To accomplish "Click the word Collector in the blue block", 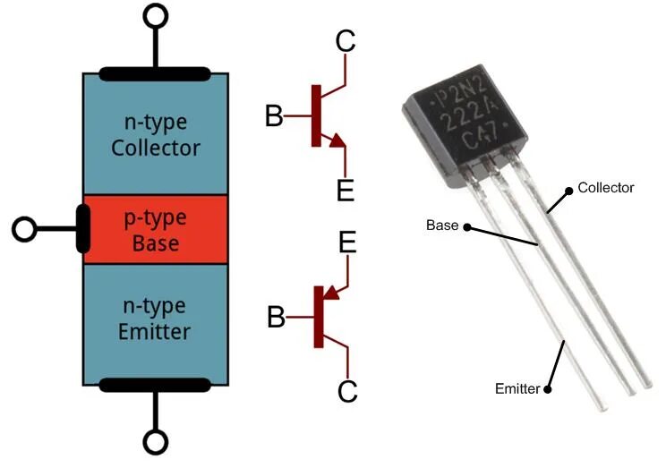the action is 156,148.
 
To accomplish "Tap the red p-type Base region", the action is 156,230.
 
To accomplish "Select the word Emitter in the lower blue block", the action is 154,332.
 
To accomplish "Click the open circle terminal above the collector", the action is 156,16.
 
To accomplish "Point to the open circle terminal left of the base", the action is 24,229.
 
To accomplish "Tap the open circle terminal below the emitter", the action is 156,442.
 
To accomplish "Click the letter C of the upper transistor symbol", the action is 346,41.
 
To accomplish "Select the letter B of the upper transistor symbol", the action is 274,115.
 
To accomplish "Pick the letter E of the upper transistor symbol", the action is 346,190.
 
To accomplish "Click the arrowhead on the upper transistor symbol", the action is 337,140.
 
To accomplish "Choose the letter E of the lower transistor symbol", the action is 347,243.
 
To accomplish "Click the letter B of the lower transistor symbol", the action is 276,317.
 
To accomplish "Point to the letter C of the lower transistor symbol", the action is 347,391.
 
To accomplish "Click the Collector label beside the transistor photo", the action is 606,188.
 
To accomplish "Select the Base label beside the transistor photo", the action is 442,225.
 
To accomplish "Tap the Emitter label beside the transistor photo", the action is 517,388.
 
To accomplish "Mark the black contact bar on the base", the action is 83,229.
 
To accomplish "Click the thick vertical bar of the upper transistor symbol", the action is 316,116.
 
